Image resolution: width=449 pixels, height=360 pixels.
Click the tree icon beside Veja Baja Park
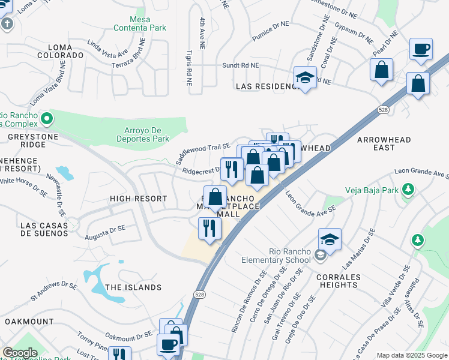click(408, 191)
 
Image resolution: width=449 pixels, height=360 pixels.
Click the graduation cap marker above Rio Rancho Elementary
click(330, 239)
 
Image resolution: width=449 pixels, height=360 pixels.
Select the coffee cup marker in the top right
click(421, 49)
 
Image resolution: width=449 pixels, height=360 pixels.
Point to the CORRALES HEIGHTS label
click(340, 281)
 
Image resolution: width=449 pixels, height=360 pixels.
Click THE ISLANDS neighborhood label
click(133, 287)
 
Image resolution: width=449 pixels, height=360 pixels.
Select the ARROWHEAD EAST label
click(384, 143)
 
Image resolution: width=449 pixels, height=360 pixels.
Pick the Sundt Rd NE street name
click(240, 65)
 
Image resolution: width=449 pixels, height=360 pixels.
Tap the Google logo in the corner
click(20, 353)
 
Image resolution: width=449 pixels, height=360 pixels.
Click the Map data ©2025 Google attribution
click(411, 355)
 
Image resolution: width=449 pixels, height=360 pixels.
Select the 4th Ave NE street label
click(202, 30)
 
